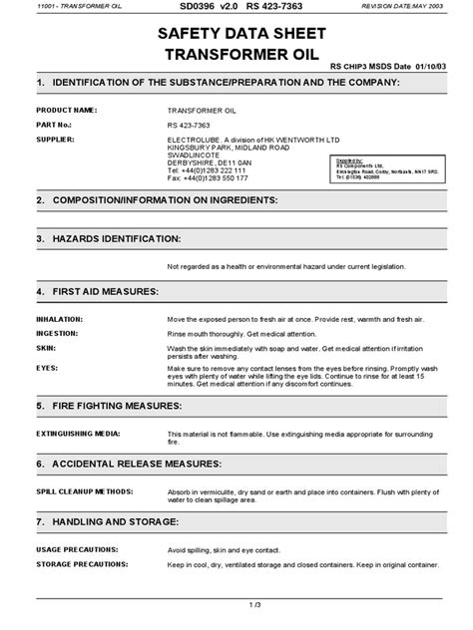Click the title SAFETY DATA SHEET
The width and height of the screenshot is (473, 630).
point(236,33)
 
